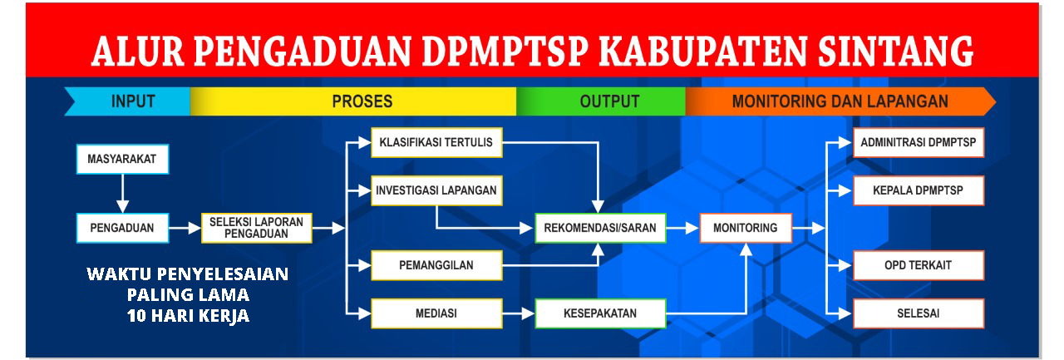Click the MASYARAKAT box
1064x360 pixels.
pos(121,159)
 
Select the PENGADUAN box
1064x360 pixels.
pos(121,227)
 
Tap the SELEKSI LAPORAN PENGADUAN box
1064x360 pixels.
pos(257,228)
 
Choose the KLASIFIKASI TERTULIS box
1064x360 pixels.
pos(436,142)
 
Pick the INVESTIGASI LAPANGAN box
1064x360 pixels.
pos(436,190)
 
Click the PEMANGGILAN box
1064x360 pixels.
pos(436,266)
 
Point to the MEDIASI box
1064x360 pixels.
pos(436,313)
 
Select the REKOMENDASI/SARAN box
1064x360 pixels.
pos(600,228)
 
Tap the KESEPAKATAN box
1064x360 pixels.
pos(600,313)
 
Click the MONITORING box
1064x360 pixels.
pos(745,228)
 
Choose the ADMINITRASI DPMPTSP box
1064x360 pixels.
pos(919,142)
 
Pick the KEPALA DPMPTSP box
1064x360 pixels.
pos(919,190)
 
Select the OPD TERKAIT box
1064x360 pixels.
pos(919,266)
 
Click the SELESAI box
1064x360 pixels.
pos(919,313)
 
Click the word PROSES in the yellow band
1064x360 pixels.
pos(362,101)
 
